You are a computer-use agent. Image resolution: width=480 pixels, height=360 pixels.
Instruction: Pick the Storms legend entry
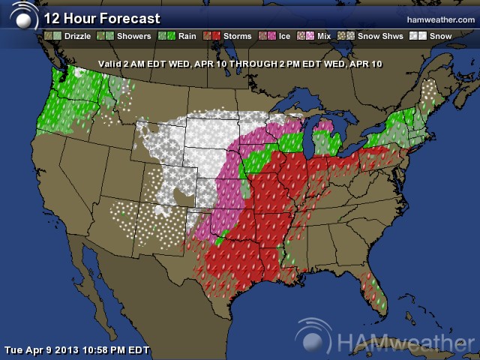pos(232,35)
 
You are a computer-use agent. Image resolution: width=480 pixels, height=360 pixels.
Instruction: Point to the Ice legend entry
pos(278,35)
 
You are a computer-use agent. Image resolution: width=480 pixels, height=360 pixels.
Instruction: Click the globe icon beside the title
pos(23,19)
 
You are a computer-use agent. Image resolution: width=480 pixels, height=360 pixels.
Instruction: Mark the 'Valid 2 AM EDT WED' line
pos(241,64)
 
